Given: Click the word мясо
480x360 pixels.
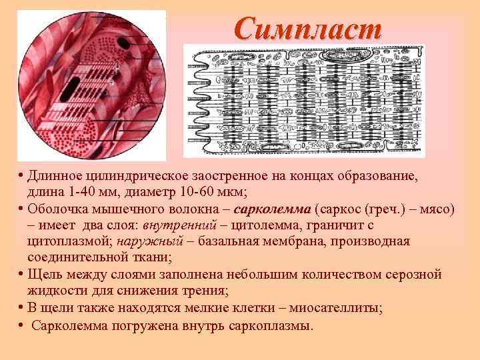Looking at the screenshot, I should [x=437, y=209].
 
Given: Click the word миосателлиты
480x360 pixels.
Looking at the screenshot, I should [x=337, y=307].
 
